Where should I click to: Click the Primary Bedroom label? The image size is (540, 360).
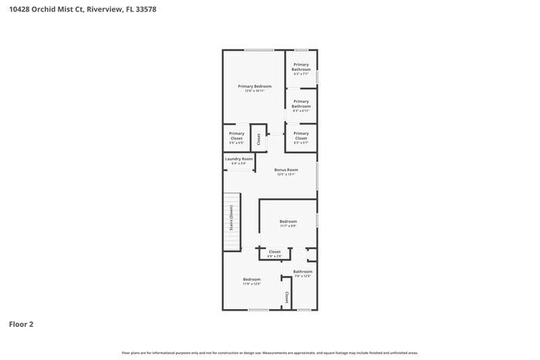coord(254,86)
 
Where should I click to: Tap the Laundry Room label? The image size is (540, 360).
coord(238,159)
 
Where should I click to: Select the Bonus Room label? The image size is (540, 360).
coord(286,170)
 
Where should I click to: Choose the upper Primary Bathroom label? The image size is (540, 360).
coord(301,67)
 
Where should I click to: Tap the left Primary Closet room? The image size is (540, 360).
coord(236,137)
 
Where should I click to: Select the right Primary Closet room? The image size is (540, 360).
coord(301,137)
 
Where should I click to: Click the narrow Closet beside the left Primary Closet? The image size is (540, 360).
coord(258,139)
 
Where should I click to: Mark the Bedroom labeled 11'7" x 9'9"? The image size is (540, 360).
coord(288,221)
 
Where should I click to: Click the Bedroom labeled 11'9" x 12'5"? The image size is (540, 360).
coord(251,279)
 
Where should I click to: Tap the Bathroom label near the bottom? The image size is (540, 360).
coord(302,271)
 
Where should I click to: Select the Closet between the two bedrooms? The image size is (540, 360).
coord(275,253)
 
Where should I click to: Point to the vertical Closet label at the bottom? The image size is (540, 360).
coord(286,297)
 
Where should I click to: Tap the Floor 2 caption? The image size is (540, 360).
coord(21,325)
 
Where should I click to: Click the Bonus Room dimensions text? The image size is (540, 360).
coord(286,174)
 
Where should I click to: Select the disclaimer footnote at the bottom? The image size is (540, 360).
coord(269,352)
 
